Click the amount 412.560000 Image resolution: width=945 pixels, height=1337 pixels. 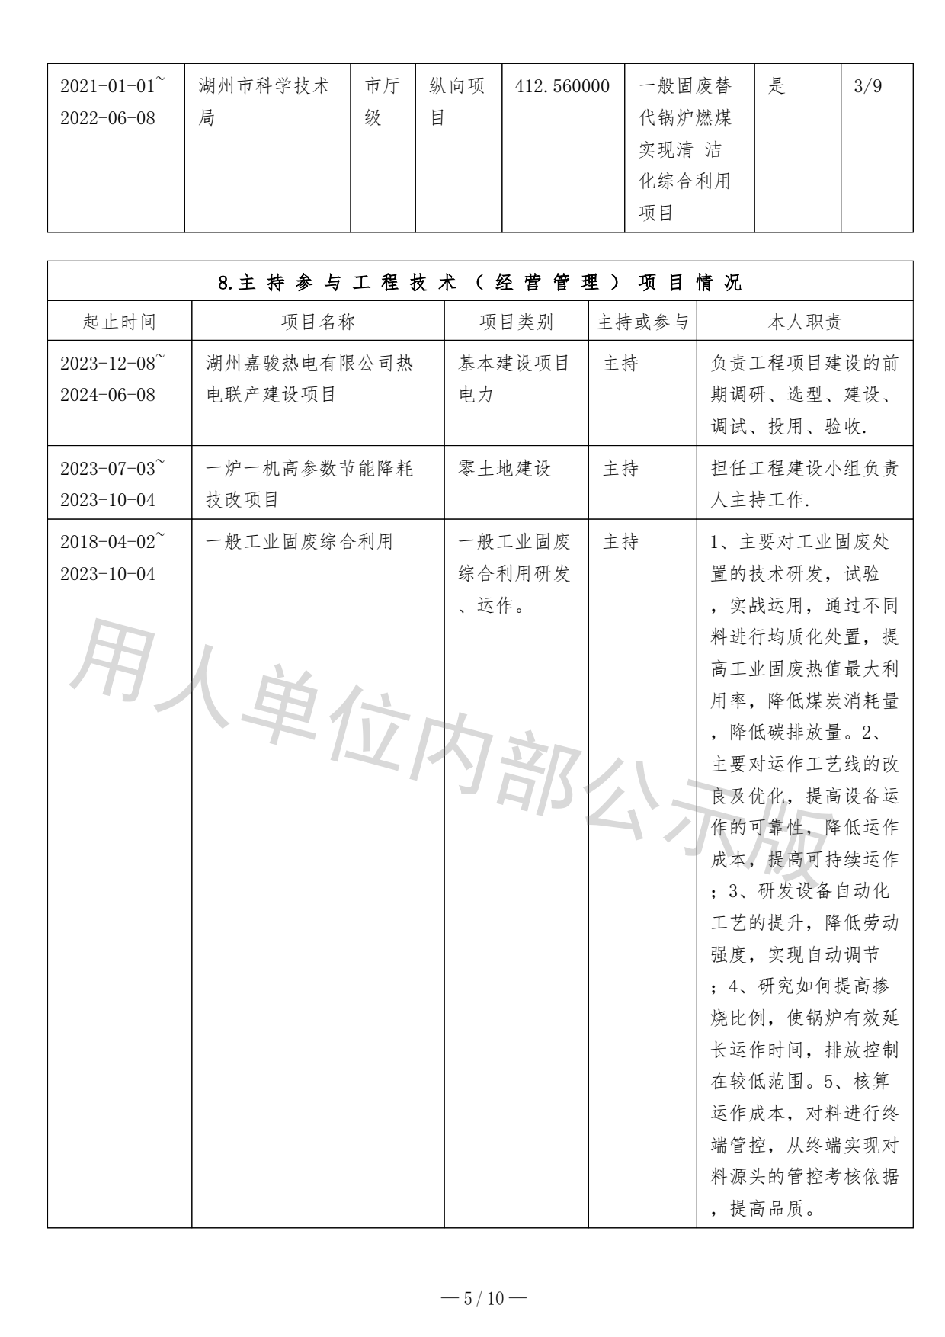pyautogui.click(x=562, y=86)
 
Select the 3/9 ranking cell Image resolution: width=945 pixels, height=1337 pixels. pyautogui.click(x=868, y=86)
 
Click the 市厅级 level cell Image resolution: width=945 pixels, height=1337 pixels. pyautogui.click(x=382, y=101)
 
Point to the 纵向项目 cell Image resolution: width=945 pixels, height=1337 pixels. pyautogui.click(x=457, y=101)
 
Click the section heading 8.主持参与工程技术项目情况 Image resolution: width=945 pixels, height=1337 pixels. pyautogui.click(x=479, y=283)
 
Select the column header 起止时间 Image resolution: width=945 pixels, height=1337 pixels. pyautogui.click(x=119, y=322)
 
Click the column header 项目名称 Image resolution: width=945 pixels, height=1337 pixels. pyautogui.click(x=318, y=322)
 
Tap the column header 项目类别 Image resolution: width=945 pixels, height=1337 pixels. pyautogui.click(x=516, y=322)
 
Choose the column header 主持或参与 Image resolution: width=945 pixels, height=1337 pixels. pyautogui.click(x=642, y=322)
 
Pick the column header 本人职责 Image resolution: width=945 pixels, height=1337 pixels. pyautogui.click(x=804, y=322)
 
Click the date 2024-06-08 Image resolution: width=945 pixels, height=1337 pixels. pyautogui.click(x=107, y=395)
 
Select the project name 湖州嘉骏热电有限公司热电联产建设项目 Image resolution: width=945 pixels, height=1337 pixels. pyautogui.click(x=309, y=379)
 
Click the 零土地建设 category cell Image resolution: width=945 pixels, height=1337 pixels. pyautogui.click(x=505, y=468)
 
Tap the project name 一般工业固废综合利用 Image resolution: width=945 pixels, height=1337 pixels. pyautogui.click(x=300, y=542)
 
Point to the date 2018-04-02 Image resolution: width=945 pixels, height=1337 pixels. pyautogui.click(x=107, y=542)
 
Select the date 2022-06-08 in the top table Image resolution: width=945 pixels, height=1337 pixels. pyautogui.click(x=107, y=118)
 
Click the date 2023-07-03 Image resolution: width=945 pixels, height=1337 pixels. pyautogui.click(x=107, y=468)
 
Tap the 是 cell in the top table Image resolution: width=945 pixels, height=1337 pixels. pyautogui.click(x=777, y=86)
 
